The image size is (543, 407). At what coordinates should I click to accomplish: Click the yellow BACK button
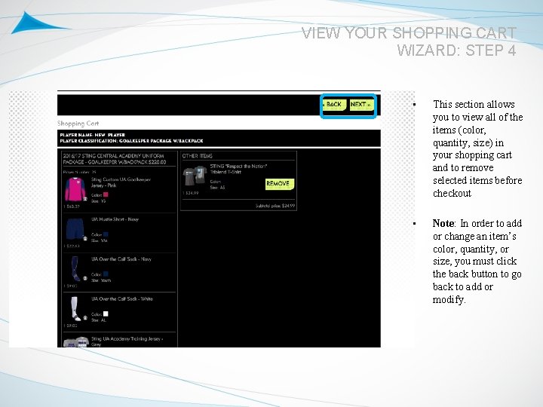[333, 105]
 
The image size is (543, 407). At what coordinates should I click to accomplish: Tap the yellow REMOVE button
[278, 184]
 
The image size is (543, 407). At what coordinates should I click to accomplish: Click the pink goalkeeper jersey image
[74, 188]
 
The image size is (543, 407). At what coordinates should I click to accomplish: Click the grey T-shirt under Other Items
[194, 176]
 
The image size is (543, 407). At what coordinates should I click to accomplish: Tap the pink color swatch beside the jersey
[106, 194]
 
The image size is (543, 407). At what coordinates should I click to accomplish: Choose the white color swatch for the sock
[106, 314]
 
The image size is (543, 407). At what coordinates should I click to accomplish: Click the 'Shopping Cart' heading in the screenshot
[78, 124]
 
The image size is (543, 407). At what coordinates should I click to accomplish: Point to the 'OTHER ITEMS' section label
[197, 155]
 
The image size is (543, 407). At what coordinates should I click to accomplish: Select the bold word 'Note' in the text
[443, 223]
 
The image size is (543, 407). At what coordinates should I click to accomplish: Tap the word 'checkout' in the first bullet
[452, 194]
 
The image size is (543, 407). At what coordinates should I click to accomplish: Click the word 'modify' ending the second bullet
[449, 300]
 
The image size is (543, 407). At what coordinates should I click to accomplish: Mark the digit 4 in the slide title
[511, 50]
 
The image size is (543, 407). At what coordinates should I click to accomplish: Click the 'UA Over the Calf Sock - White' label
[121, 299]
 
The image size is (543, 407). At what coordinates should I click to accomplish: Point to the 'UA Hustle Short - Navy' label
[115, 219]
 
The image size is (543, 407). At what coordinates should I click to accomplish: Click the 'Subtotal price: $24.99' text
[275, 205]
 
